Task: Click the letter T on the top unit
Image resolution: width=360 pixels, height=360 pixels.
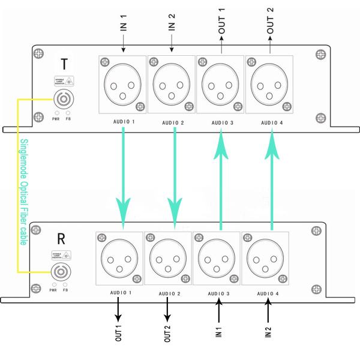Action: pos(64,64)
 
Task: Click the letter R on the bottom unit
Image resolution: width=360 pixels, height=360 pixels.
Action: pos(61,238)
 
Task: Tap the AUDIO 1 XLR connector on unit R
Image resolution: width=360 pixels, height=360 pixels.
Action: pos(120,259)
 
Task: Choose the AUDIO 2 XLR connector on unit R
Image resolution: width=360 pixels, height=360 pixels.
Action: pos(169,259)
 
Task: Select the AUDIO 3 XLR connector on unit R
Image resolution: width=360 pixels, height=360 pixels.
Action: pos(217,259)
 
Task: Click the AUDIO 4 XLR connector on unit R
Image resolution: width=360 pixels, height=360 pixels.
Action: pos(266,259)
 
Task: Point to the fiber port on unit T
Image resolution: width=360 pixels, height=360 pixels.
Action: pos(63,99)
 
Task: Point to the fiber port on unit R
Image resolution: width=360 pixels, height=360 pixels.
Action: pos(59,274)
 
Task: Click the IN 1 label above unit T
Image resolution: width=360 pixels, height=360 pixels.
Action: pos(122,25)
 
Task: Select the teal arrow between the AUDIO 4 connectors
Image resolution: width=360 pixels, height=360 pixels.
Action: pos(271,180)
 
